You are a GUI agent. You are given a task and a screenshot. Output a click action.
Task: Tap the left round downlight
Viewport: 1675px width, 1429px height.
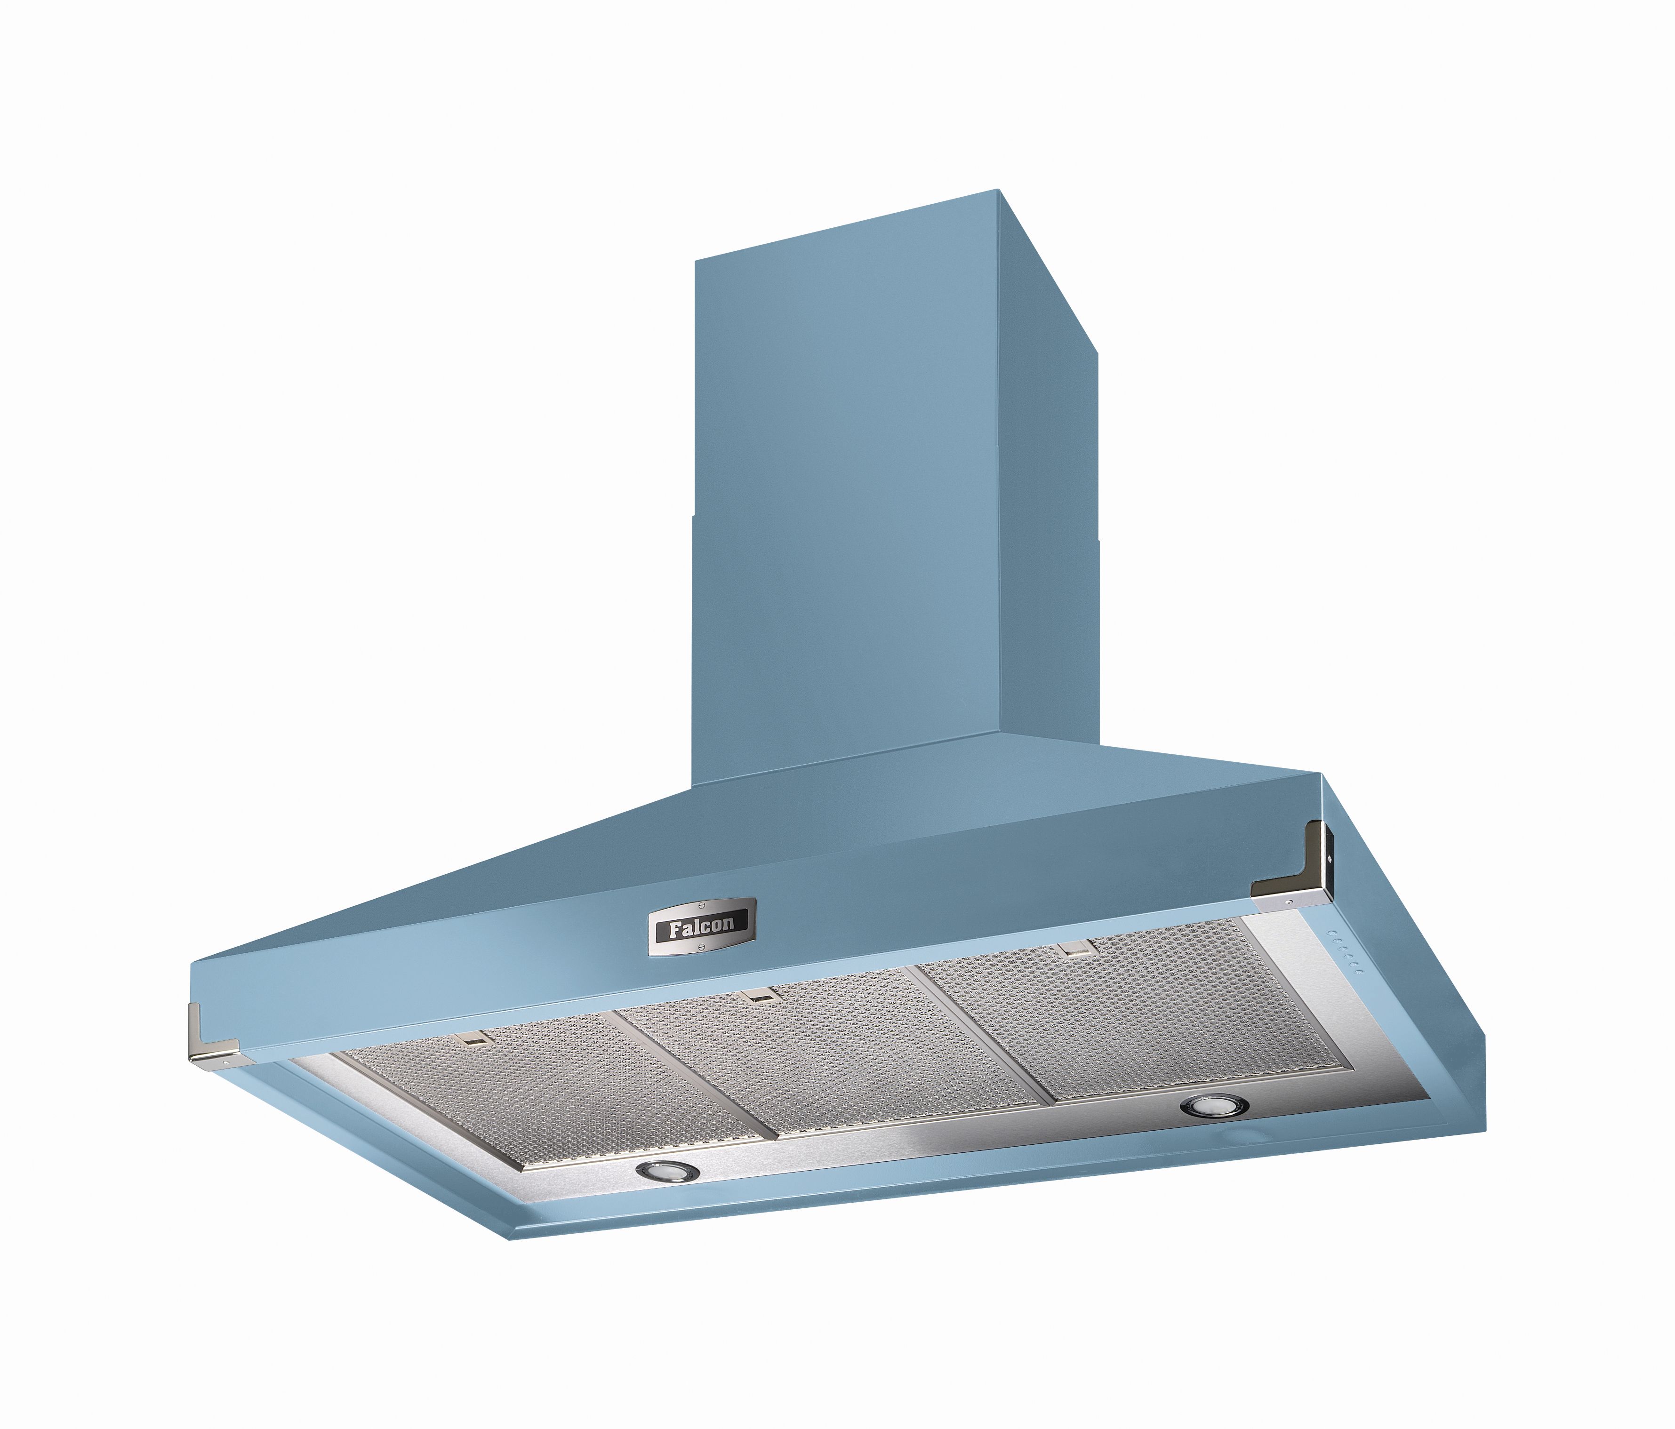coord(665,1170)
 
